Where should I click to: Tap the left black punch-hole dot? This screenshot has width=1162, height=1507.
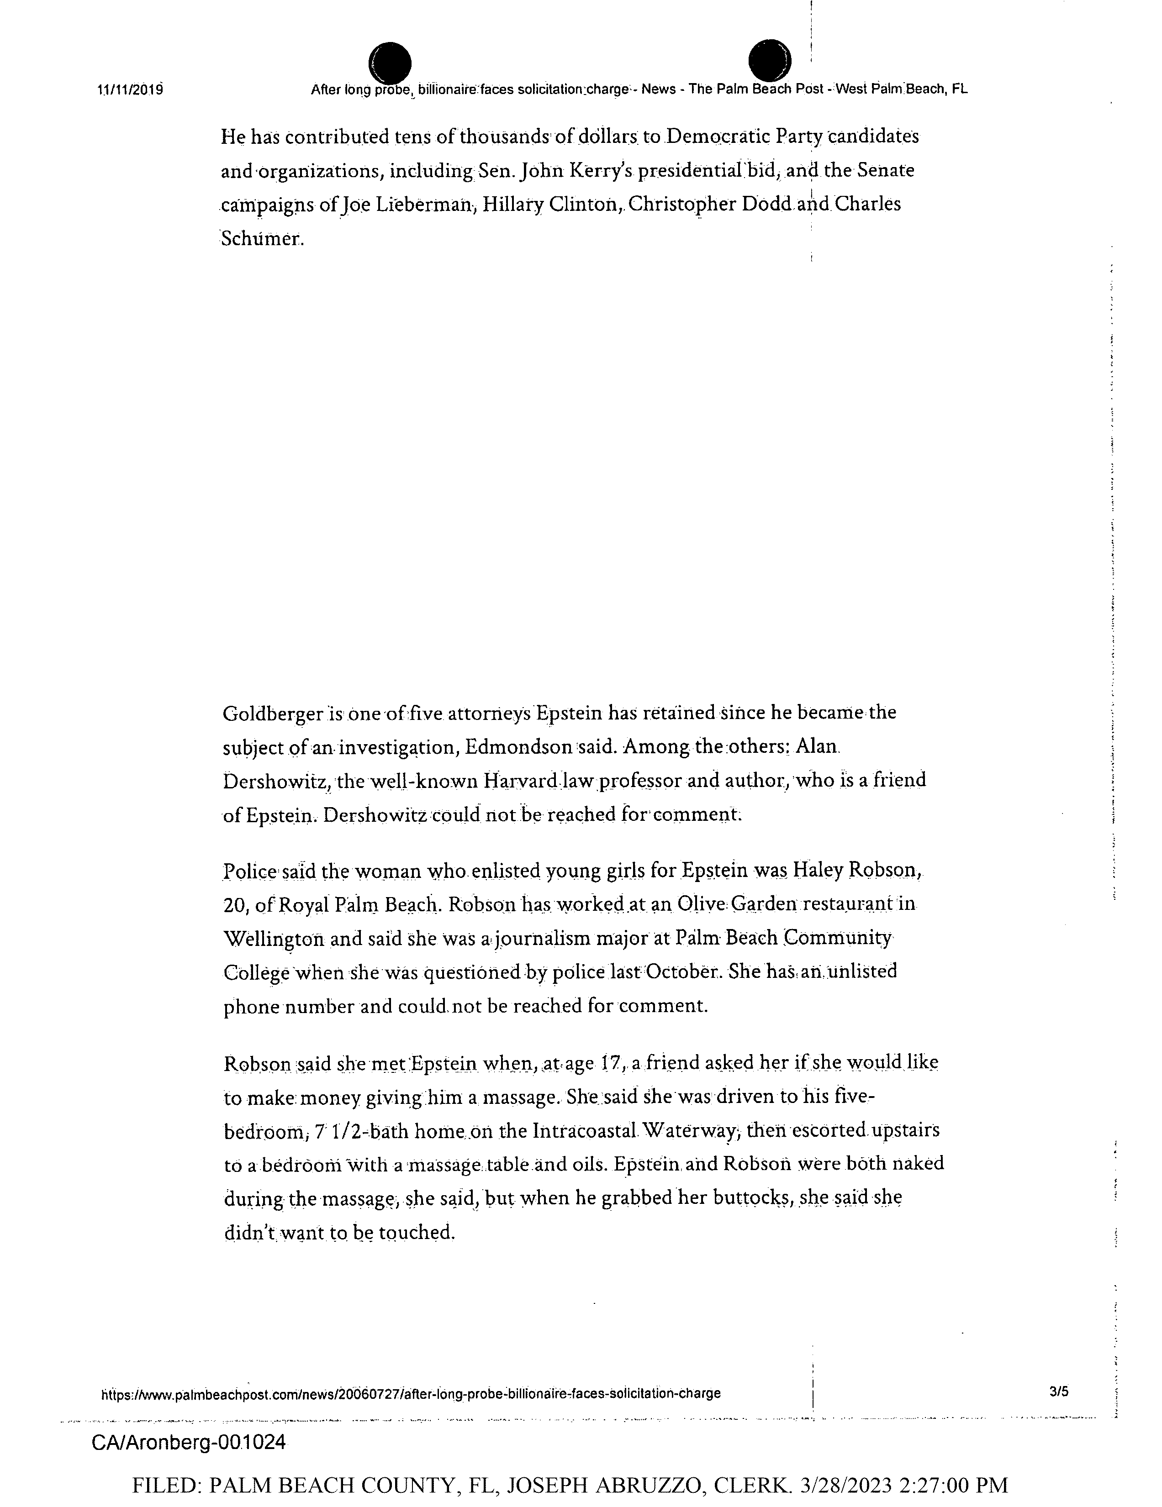[390, 62]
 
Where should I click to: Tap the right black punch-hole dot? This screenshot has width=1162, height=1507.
[770, 61]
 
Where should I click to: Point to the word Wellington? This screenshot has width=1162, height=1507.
[274, 939]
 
